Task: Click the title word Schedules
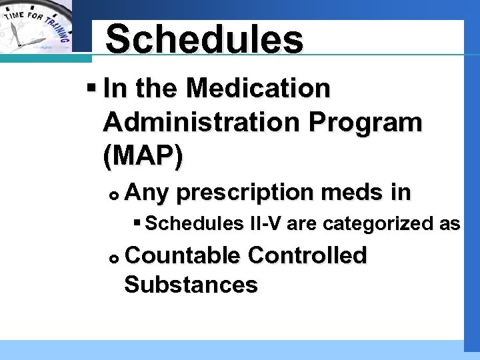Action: [x=204, y=39]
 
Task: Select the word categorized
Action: [x=372, y=223]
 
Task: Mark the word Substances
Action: [x=191, y=285]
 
